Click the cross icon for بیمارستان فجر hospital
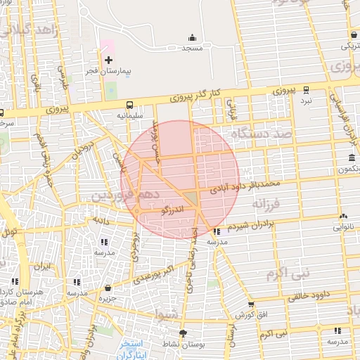(108, 60)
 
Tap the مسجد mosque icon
(192, 38)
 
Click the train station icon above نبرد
(306, 90)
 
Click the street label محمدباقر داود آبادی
(245, 186)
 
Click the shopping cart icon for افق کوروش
(251, 304)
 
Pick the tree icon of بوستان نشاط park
(184, 333)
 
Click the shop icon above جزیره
(107, 288)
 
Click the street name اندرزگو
(173, 210)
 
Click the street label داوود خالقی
(307, 297)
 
